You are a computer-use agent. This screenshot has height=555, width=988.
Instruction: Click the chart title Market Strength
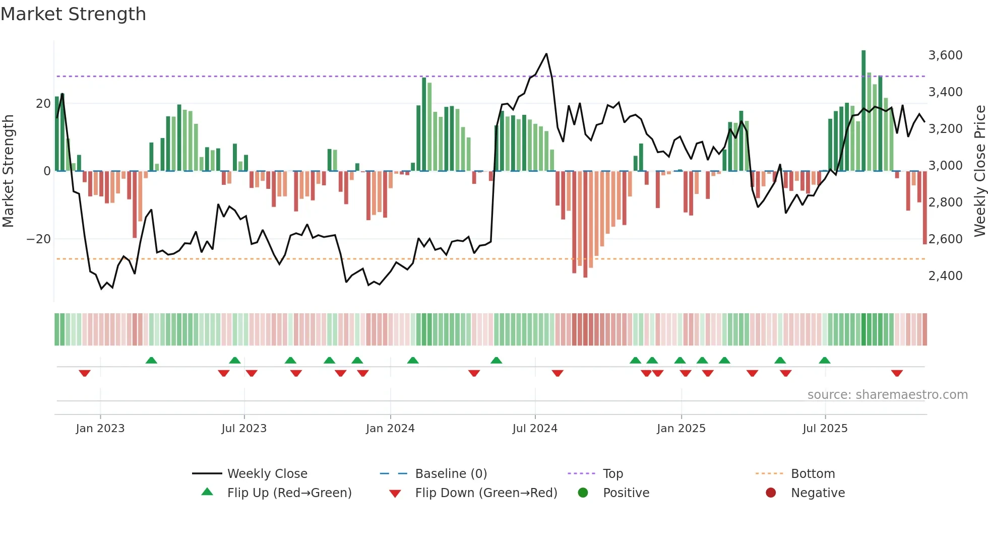(x=73, y=14)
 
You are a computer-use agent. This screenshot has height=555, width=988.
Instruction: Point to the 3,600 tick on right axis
(x=945, y=55)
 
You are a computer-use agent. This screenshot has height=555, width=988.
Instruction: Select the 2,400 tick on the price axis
(x=945, y=276)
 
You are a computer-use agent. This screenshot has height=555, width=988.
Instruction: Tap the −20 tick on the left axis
(x=39, y=239)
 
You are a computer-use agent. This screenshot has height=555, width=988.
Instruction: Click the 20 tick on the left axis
(x=43, y=104)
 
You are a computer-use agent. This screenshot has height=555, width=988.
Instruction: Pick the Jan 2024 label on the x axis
(x=390, y=429)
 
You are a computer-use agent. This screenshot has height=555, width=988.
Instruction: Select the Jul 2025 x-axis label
(x=825, y=429)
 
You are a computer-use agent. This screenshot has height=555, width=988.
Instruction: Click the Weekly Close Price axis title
(x=979, y=171)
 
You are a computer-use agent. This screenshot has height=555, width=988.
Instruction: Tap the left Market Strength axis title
(x=9, y=171)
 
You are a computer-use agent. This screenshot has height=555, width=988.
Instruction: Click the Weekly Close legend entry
(x=267, y=474)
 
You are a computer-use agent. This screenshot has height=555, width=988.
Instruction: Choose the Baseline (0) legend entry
(x=451, y=474)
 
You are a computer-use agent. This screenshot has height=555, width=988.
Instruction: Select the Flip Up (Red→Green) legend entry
(x=289, y=493)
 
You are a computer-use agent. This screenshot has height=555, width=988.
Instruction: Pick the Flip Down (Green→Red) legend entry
(x=486, y=493)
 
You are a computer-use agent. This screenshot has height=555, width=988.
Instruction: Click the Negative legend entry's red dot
(x=771, y=493)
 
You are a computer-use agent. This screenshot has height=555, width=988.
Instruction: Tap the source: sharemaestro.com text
(x=887, y=395)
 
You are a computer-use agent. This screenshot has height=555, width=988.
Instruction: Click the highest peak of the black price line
(x=546, y=54)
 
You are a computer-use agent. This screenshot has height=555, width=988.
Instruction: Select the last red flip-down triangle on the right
(x=896, y=373)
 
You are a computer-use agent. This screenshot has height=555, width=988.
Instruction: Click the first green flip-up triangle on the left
(x=151, y=360)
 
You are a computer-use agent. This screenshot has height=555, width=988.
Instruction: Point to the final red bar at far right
(x=924, y=207)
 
